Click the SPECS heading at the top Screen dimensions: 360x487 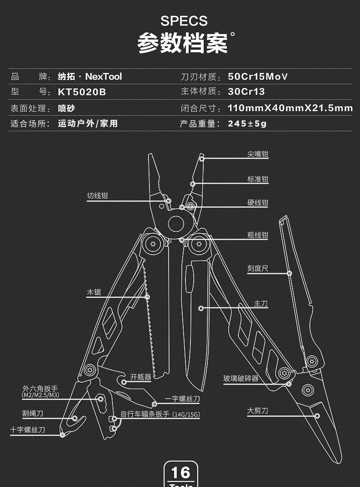(x=184, y=21)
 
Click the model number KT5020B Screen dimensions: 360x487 (x=82, y=92)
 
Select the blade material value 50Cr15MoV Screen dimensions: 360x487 (x=258, y=77)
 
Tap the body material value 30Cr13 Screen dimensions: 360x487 (x=247, y=92)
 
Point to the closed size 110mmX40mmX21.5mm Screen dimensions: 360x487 (x=290, y=108)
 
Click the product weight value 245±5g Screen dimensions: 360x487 (x=247, y=123)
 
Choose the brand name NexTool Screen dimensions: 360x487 (x=103, y=77)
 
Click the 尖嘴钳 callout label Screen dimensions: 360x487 (x=257, y=154)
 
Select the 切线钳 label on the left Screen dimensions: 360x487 (x=97, y=196)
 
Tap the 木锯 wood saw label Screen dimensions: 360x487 (x=94, y=292)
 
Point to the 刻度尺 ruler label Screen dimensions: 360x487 (x=257, y=268)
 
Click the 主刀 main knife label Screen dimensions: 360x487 (x=261, y=303)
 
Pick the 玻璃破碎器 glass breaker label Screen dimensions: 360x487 (x=241, y=378)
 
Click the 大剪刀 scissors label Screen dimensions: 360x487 (x=257, y=410)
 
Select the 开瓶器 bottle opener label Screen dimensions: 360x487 (x=140, y=377)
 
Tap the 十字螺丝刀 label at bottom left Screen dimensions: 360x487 (x=28, y=430)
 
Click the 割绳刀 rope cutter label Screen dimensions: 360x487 (x=33, y=413)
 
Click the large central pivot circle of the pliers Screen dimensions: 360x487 (x=176, y=224)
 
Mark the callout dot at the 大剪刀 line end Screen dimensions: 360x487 (x=317, y=416)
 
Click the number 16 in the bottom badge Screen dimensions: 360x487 (x=181, y=473)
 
